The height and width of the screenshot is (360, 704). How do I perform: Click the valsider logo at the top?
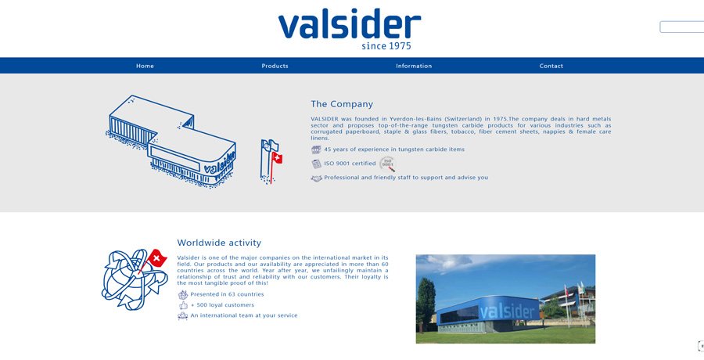pyautogui.click(x=350, y=28)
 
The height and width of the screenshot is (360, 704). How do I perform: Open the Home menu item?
pyautogui.click(x=145, y=66)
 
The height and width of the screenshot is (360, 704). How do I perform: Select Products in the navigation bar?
pyautogui.click(x=275, y=66)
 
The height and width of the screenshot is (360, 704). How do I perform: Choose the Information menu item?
pyautogui.click(x=414, y=66)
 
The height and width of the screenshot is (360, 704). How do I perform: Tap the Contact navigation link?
pyautogui.click(x=551, y=66)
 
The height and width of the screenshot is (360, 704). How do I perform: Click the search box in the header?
pyautogui.click(x=681, y=27)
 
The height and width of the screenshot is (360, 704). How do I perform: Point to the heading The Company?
pyautogui.click(x=342, y=104)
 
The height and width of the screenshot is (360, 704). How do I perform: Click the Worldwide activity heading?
pyautogui.click(x=219, y=243)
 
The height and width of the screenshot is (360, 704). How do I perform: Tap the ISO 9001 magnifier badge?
pyautogui.click(x=387, y=164)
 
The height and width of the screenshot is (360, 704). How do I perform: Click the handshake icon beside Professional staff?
pyautogui.click(x=317, y=178)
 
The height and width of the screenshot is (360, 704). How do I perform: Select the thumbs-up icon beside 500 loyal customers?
pyautogui.click(x=183, y=306)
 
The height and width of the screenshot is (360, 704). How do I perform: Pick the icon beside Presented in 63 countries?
pyautogui.click(x=183, y=295)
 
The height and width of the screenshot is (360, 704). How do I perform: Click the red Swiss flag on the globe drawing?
pyautogui.click(x=156, y=258)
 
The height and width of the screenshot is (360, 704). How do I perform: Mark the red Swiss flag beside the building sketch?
pyautogui.click(x=277, y=158)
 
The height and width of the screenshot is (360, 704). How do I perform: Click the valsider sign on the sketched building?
pyautogui.click(x=220, y=163)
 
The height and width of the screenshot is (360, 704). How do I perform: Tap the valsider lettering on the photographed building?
pyautogui.click(x=508, y=311)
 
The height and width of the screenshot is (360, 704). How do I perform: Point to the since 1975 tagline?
pyautogui.click(x=386, y=46)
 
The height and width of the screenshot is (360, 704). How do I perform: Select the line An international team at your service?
pyautogui.click(x=244, y=315)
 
